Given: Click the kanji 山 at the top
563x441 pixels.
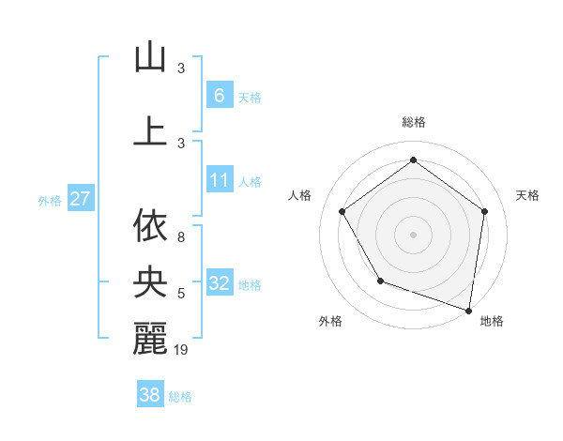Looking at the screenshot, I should [x=150, y=57].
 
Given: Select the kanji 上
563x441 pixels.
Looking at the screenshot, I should [x=150, y=130].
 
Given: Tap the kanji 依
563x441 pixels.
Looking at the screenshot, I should [x=150, y=226].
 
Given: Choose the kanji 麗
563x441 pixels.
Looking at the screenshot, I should [x=150, y=339].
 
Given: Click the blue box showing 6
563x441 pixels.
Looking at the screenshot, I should [x=219, y=96].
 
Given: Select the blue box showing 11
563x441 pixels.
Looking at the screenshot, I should [x=219, y=180].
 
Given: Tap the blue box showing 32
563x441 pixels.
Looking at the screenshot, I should [x=219, y=284].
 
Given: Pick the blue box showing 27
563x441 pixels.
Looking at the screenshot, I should [x=80, y=199].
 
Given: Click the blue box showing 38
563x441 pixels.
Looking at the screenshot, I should [x=150, y=395].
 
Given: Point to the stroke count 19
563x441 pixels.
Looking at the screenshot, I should [x=181, y=351].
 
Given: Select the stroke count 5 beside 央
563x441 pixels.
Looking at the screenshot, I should [x=180, y=295].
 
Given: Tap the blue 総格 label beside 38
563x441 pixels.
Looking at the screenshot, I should [x=180, y=397].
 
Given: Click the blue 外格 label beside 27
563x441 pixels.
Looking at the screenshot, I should [x=50, y=200].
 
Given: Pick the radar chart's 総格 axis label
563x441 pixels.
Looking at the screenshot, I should [x=413, y=122].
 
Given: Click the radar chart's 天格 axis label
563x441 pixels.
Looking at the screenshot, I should [x=527, y=195].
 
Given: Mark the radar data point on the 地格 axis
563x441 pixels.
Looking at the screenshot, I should [x=469, y=310].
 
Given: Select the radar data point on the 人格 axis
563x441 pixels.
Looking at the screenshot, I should [x=342, y=211].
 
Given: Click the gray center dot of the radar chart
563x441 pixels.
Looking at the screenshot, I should [x=413, y=233].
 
